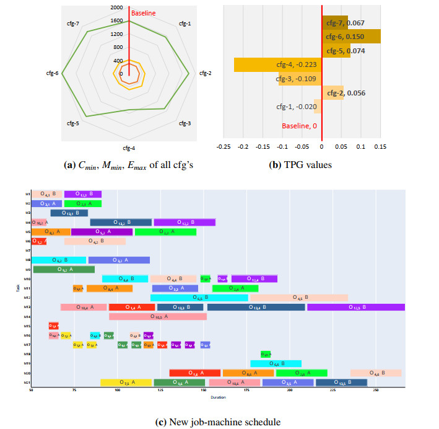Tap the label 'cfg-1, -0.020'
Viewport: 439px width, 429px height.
coord(297,107)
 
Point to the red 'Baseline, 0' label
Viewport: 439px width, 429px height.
coord(299,126)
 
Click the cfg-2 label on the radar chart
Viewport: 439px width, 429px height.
coord(205,73)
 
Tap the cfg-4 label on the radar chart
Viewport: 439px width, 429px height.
coord(129,148)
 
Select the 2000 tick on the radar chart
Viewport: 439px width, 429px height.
coord(116,7)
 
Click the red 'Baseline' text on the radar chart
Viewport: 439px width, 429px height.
coord(144,13)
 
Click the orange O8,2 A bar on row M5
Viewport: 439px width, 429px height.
coord(51,232)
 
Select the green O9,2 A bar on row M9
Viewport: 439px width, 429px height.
coord(63,270)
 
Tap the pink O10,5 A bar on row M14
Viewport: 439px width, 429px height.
coord(157,317)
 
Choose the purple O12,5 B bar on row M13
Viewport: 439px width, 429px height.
coord(355,307)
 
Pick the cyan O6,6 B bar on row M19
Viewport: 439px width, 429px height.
coord(276,364)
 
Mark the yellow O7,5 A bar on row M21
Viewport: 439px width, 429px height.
coord(126,383)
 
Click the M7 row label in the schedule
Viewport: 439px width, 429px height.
coord(28,250)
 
